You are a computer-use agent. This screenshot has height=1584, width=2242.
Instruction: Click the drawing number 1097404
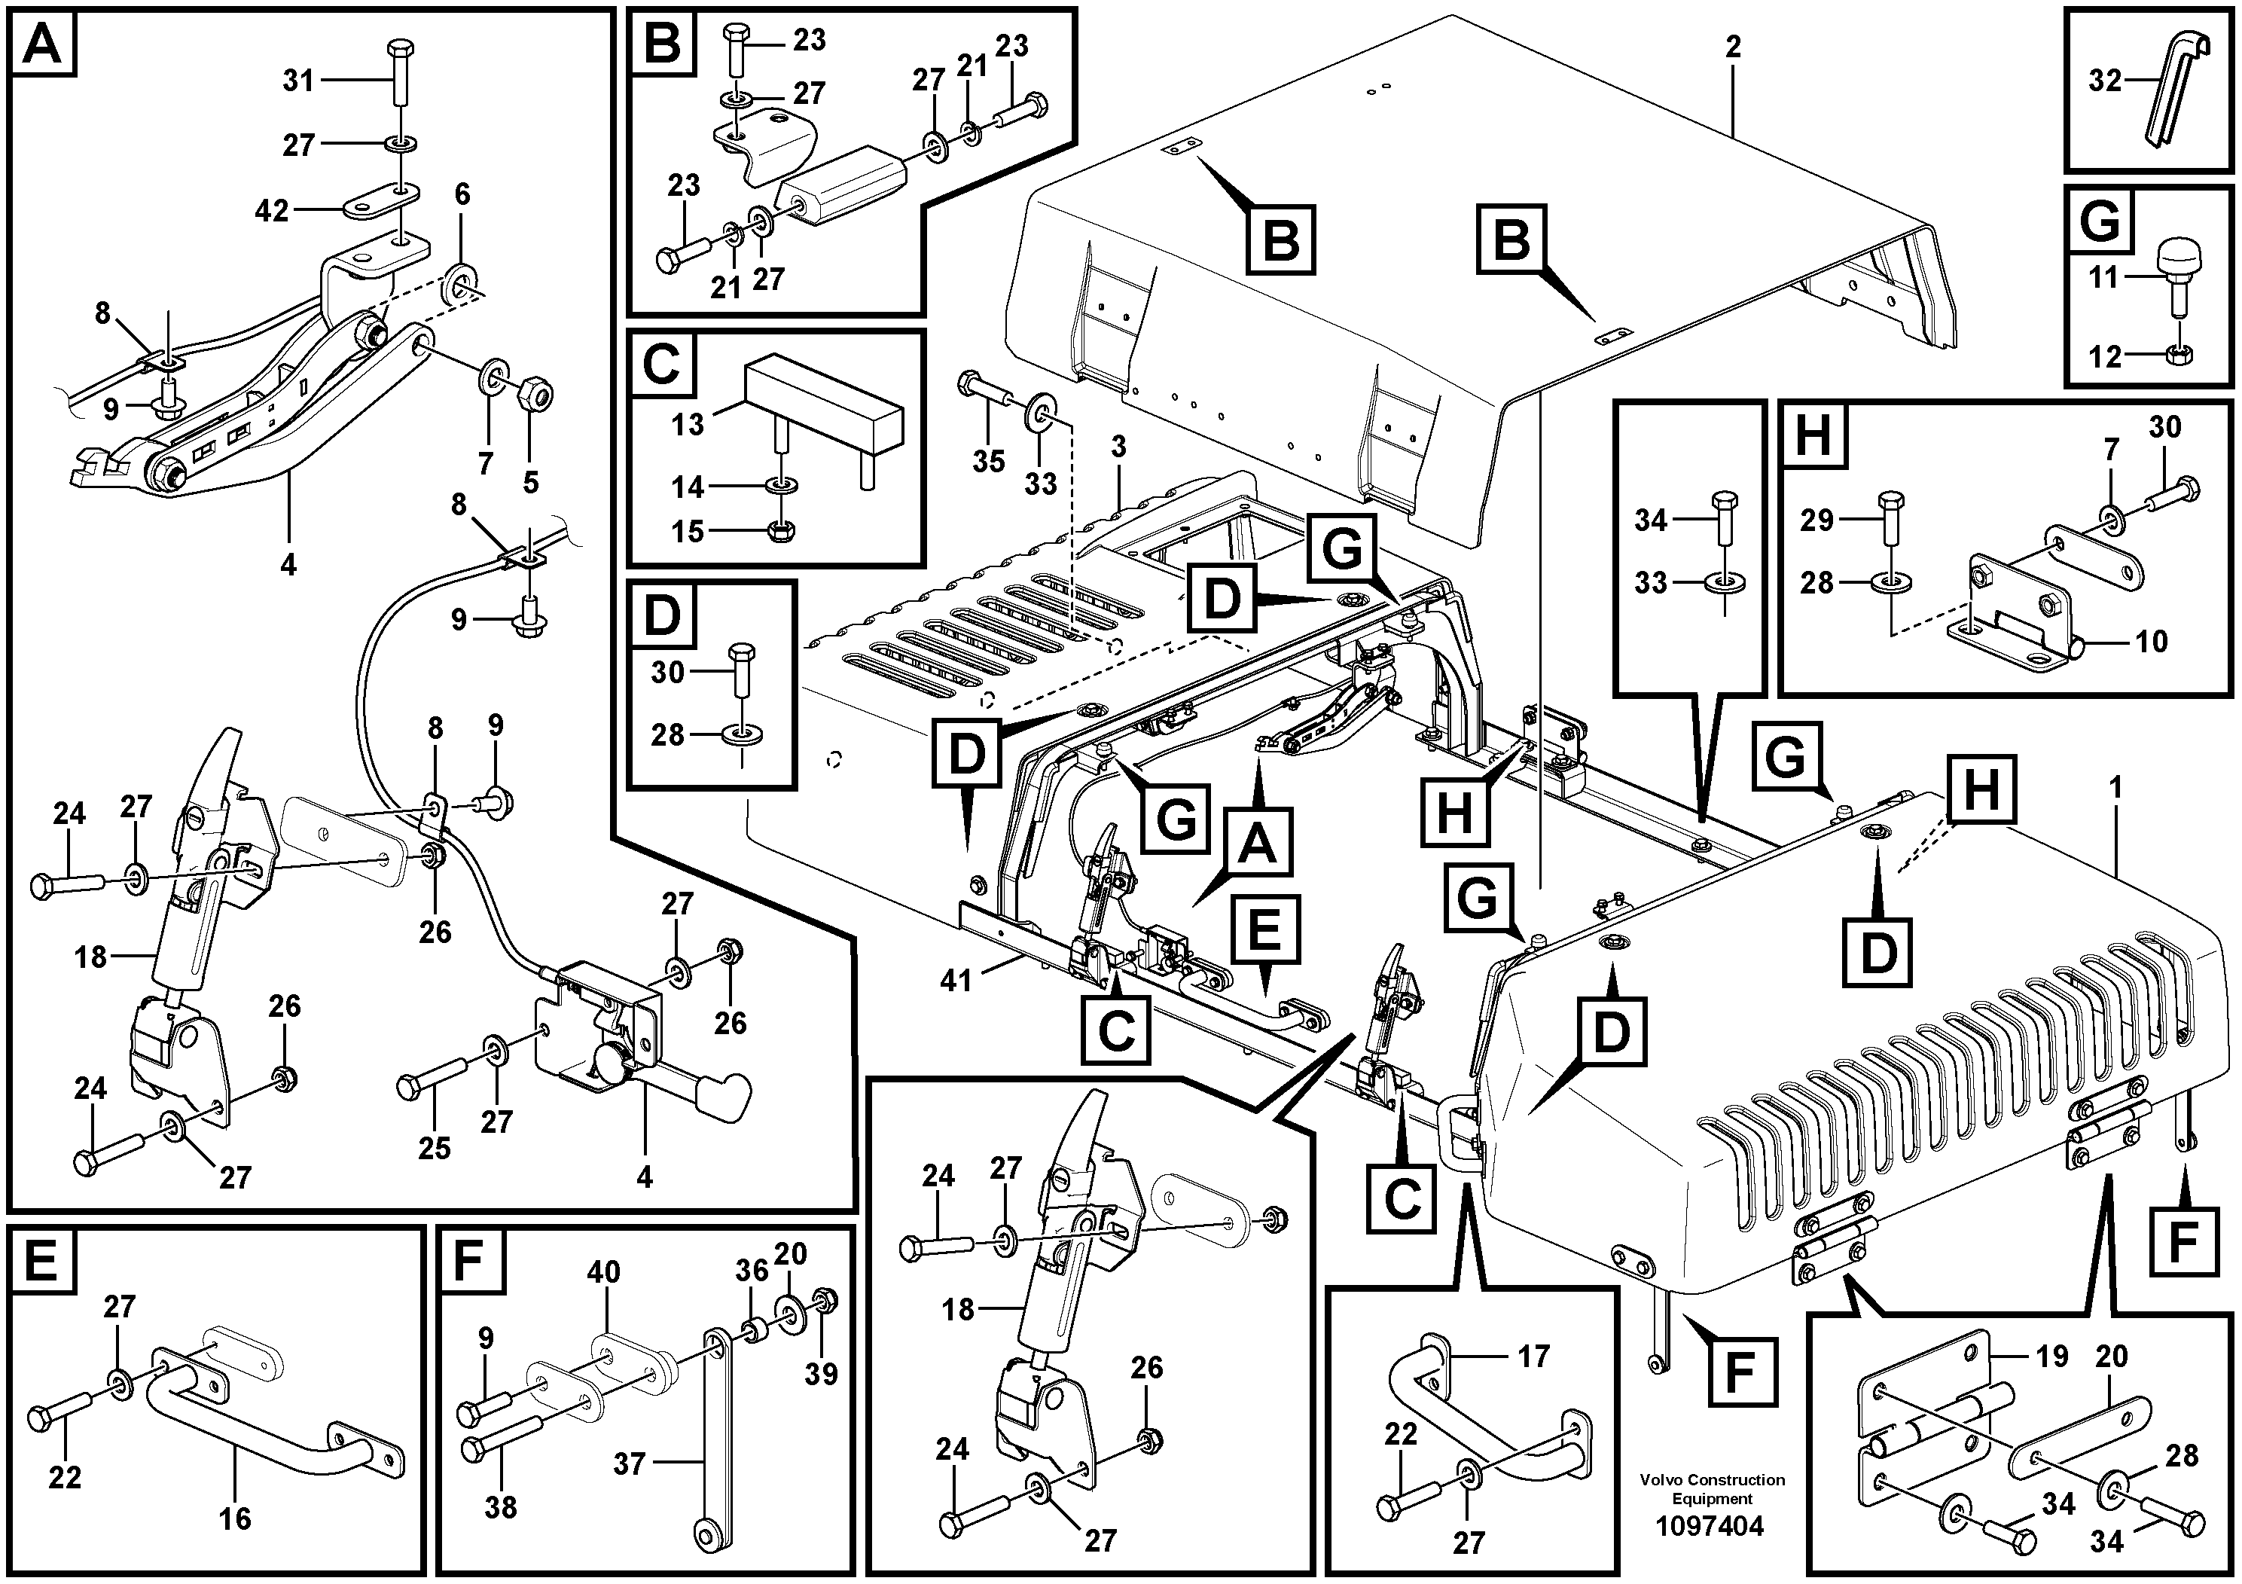point(1710,1527)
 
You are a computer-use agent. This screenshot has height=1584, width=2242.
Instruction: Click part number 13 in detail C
point(688,424)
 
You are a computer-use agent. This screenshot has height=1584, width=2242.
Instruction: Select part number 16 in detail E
point(235,1518)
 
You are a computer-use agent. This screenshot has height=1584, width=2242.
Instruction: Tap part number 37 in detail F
point(630,1463)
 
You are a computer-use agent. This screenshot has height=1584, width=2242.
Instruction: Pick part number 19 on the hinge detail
point(2051,1356)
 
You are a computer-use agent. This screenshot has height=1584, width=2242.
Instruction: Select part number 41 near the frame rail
point(956,979)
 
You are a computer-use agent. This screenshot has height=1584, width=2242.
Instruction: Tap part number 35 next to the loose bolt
point(988,461)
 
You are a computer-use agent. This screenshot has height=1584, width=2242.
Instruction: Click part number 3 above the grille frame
point(1118,447)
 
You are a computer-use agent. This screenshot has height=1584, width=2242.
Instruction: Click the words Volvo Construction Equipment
point(1712,1489)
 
